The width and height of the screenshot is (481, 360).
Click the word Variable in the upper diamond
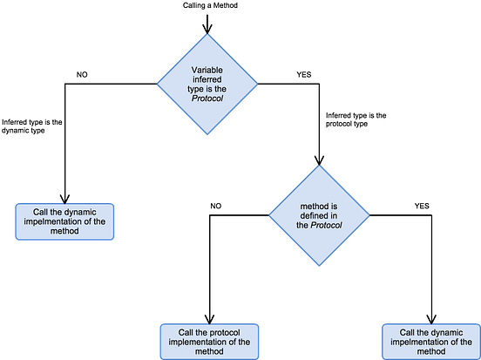(207, 69)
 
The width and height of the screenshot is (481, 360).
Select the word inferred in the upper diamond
(207, 79)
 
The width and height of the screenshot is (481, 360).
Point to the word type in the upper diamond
(197, 90)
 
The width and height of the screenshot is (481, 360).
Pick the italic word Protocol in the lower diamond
(326, 225)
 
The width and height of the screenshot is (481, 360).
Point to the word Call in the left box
(42, 212)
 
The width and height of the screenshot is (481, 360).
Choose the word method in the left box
(63, 231)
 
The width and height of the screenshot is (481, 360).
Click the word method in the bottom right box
(430, 351)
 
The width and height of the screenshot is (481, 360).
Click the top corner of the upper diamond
(207, 34)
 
